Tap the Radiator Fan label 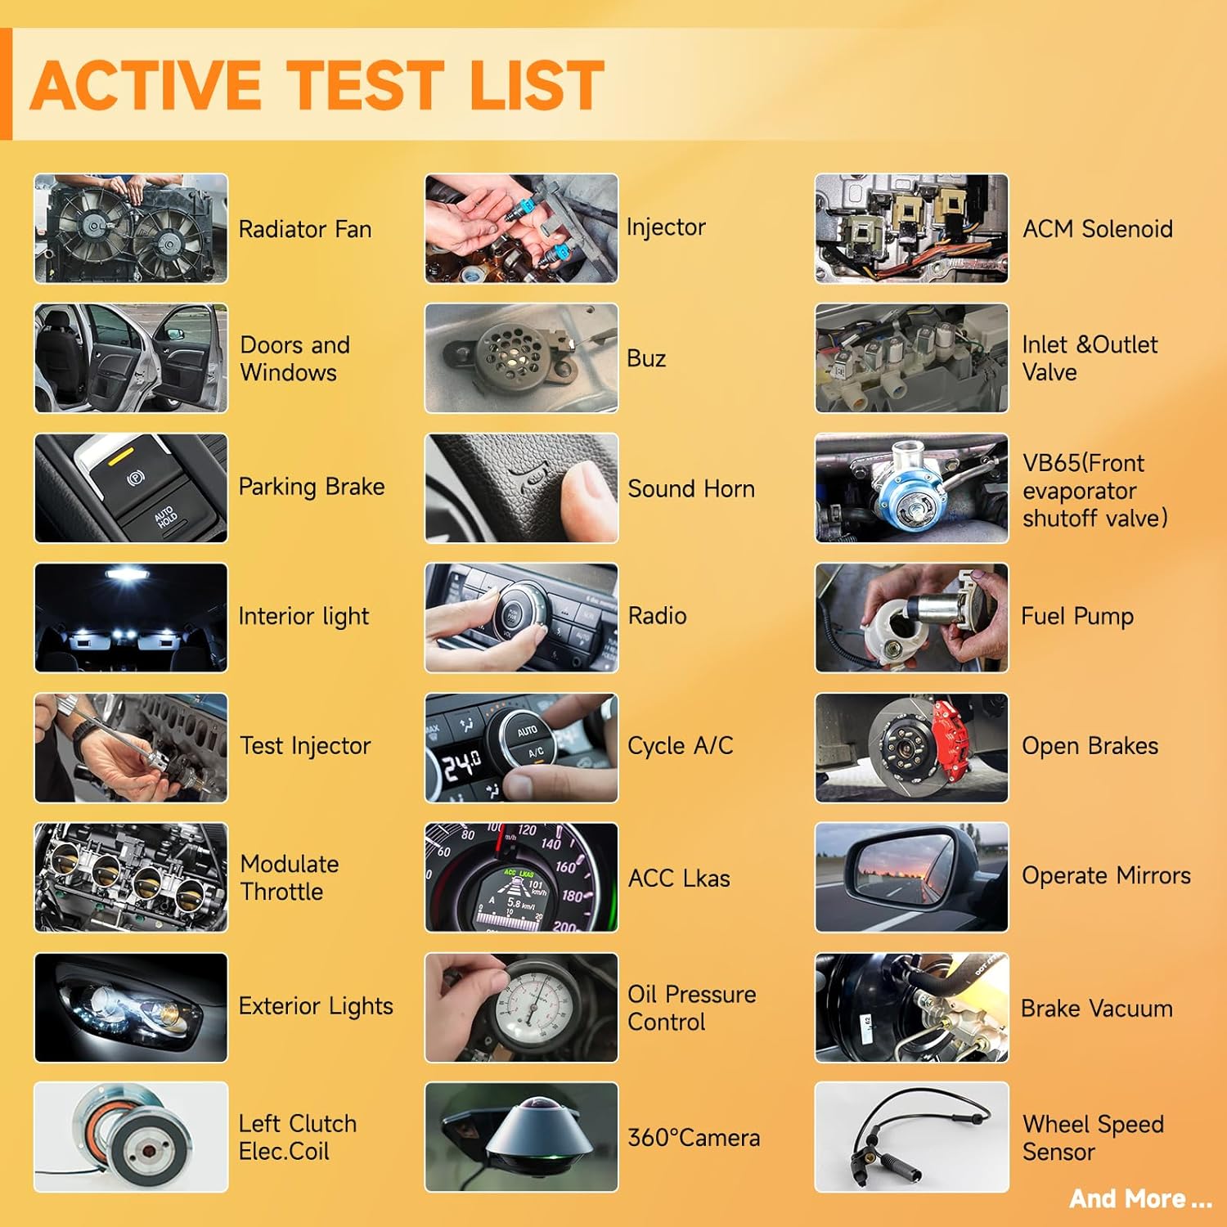pos(305,229)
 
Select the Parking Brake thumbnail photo pos(131,488)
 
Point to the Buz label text pos(646,358)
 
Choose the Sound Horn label pos(691,488)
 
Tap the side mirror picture pos(912,877)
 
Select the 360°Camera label pos(694,1137)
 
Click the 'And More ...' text pos(1140,1198)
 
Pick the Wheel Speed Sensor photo pos(912,1137)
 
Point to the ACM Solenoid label pos(1098,229)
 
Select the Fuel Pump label pos(1077,616)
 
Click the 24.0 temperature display pos(461,766)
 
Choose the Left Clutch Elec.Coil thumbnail pos(131,1137)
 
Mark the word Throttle pos(282,892)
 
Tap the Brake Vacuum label pos(1097,1009)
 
